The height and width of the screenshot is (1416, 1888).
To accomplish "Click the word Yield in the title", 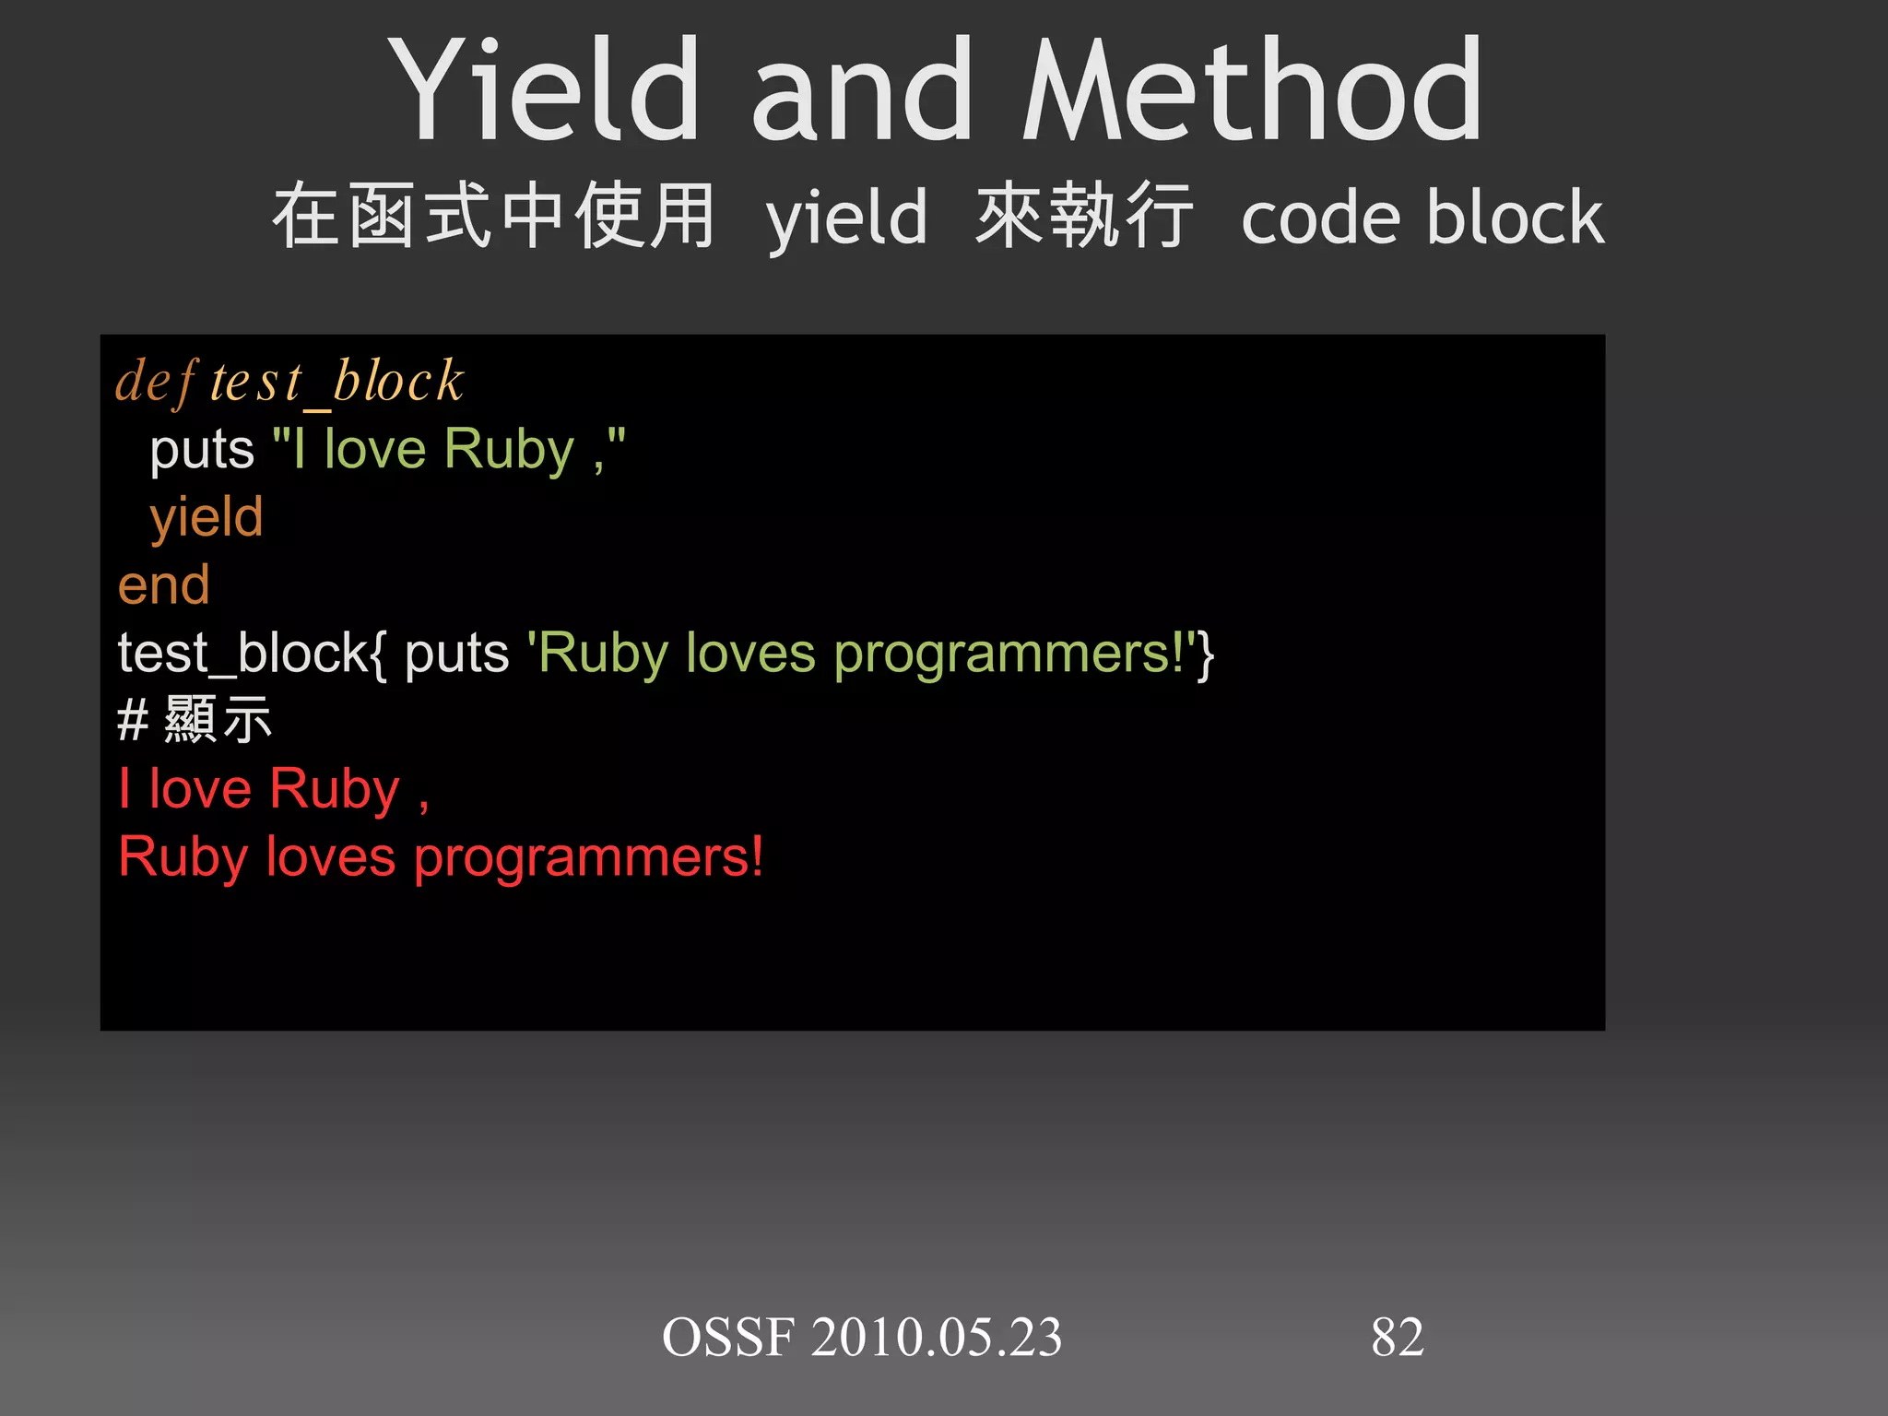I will pos(544,90).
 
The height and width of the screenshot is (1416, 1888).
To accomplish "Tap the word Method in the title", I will pos(1254,90).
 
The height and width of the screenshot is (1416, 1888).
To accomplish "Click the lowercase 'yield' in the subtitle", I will pos(846,219).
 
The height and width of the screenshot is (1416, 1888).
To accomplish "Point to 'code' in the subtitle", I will pos(1322,219).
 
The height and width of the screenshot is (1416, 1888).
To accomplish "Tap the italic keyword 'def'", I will pos(155,382).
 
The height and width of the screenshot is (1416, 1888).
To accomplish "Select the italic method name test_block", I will pos(337,382).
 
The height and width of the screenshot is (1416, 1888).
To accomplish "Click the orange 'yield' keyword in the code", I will pos(206,517).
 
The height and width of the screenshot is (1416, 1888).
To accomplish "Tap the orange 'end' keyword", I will pos(164,585).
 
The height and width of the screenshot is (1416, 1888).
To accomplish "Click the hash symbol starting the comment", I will pos(133,721).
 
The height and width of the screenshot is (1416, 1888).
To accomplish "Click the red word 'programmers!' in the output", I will pos(588,858).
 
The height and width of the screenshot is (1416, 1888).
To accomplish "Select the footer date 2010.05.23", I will pos(937,1338).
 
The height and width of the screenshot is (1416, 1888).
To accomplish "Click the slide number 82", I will pos(1397,1338).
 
